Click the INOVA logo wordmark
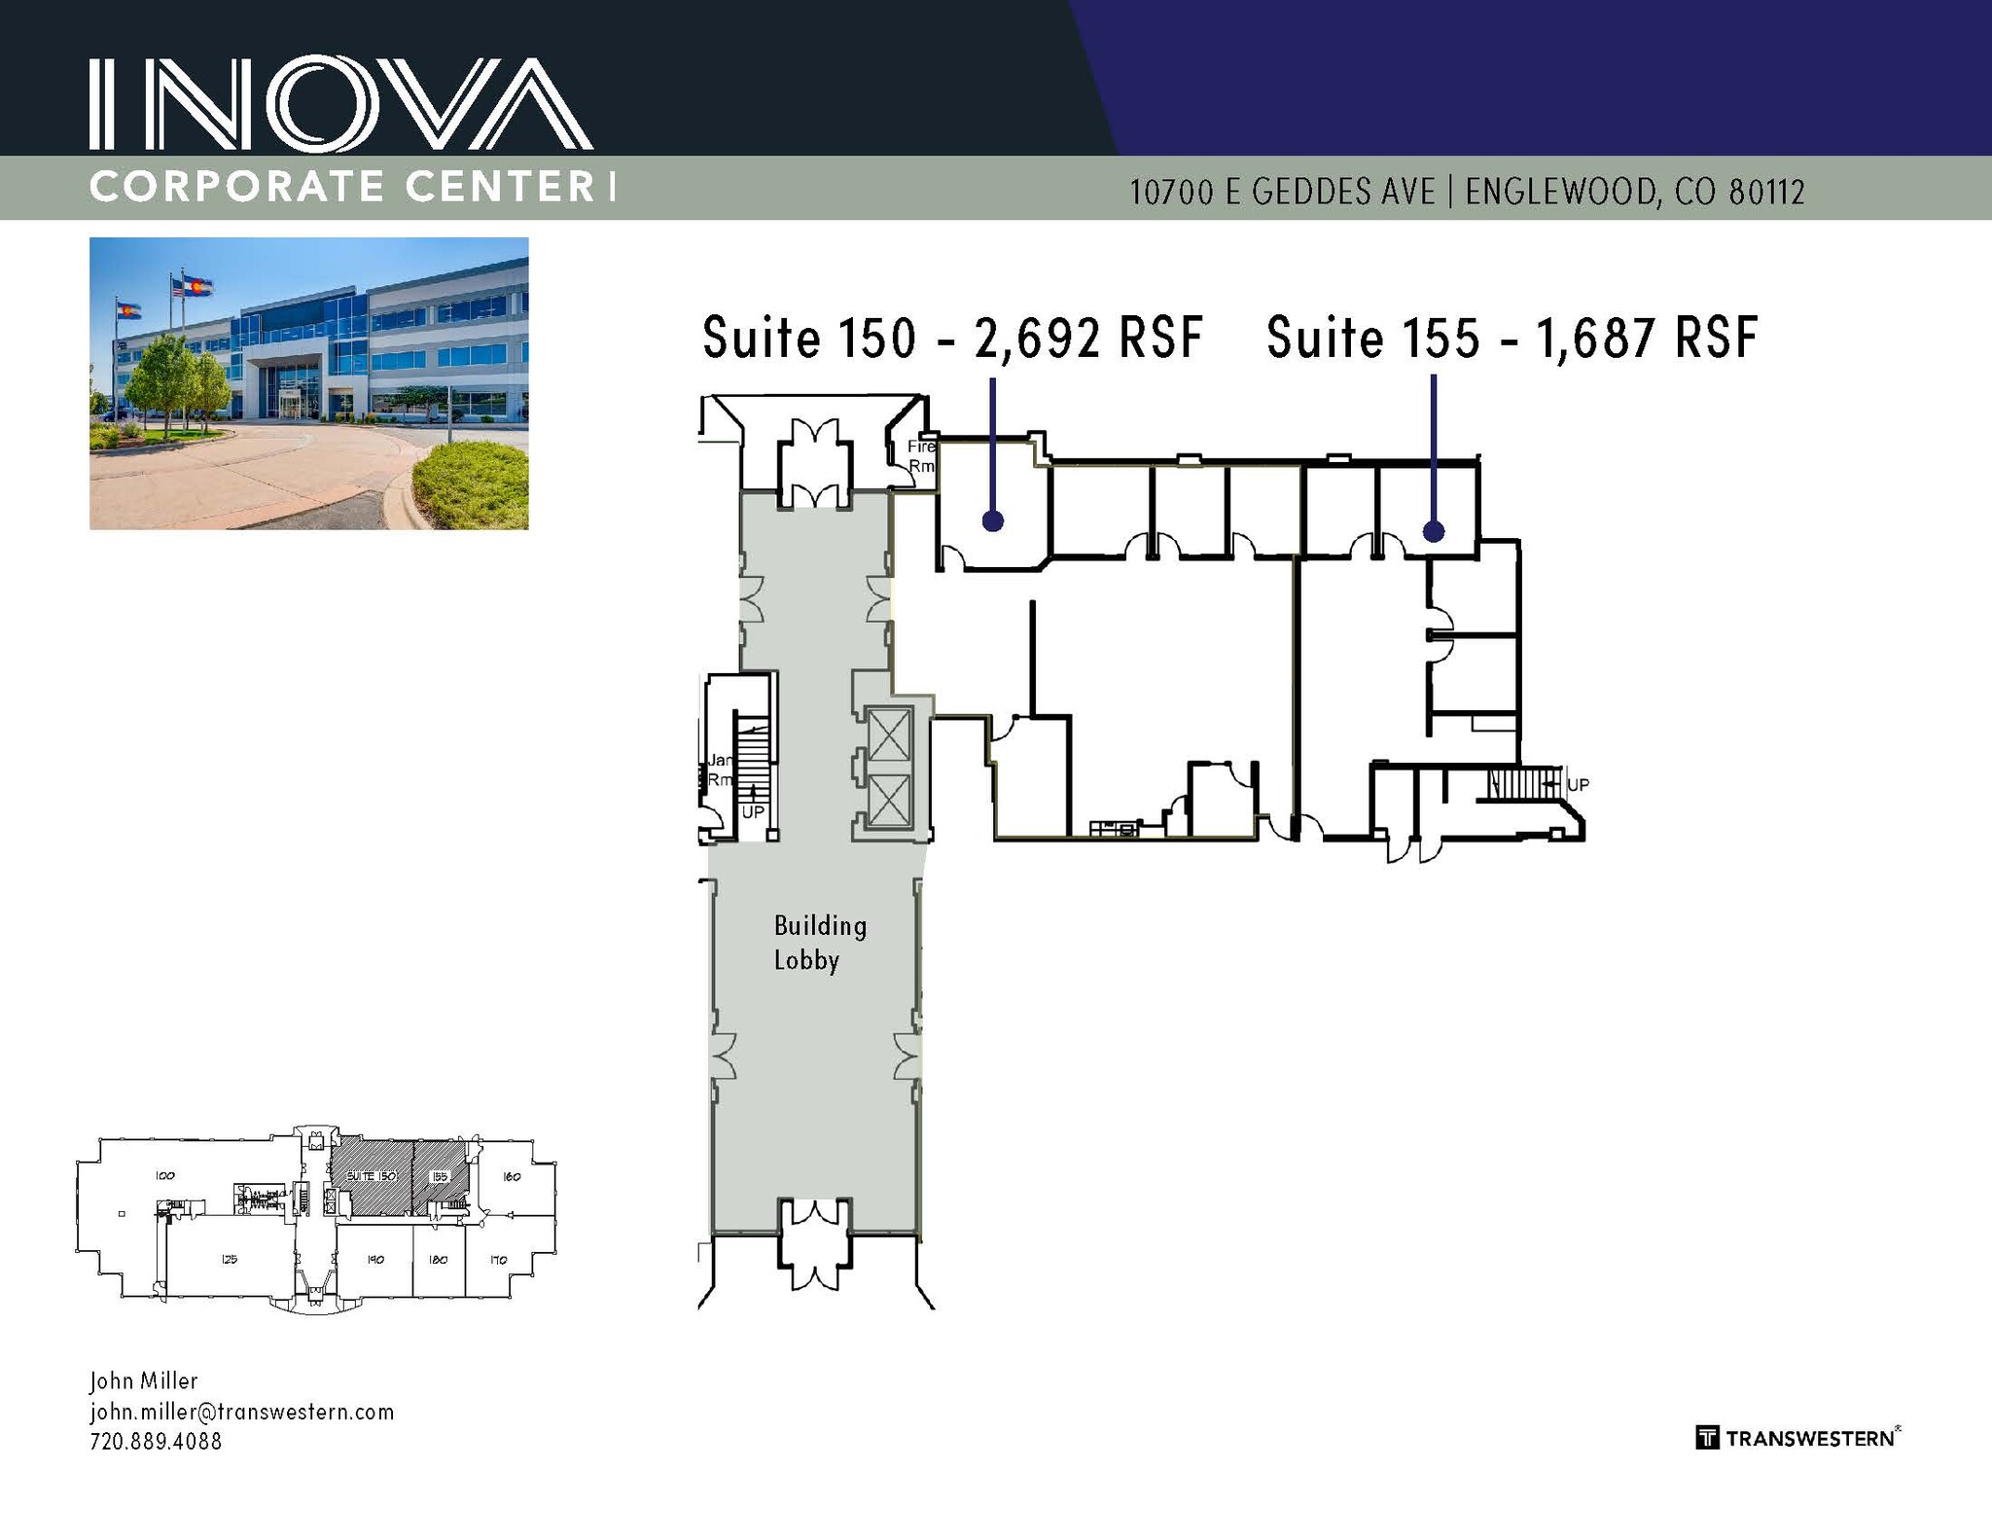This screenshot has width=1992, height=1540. pyautogui.click(x=340, y=104)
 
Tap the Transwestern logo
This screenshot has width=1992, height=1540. pyautogui.click(x=1797, y=1438)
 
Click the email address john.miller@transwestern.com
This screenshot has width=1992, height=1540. pyautogui.click(x=242, y=1412)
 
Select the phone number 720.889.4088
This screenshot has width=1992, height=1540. pyautogui.click(x=156, y=1442)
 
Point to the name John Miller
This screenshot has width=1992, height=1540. pyautogui.click(x=144, y=1380)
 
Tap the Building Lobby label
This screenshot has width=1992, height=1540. pyautogui.click(x=819, y=942)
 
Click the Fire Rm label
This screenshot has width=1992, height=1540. pyautogui.click(x=920, y=456)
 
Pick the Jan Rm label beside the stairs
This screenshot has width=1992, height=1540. pyautogui.click(x=720, y=770)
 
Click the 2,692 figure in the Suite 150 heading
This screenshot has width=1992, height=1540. pyautogui.click(x=1038, y=338)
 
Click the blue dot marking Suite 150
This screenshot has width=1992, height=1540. pyautogui.click(x=992, y=521)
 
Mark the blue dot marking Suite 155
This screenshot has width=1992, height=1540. pyautogui.click(x=1434, y=531)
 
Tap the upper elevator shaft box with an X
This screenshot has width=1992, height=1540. pyautogui.click(x=888, y=734)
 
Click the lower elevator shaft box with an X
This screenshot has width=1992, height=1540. pyautogui.click(x=888, y=802)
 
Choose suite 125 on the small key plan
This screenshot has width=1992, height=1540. pyautogui.click(x=229, y=1259)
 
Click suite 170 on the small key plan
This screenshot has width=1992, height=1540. pyautogui.click(x=498, y=1260)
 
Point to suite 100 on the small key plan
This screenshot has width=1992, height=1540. pyautogui.click(x=164, y=1175)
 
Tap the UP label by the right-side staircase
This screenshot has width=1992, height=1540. pyautogui.click(x=1578, y=784)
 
